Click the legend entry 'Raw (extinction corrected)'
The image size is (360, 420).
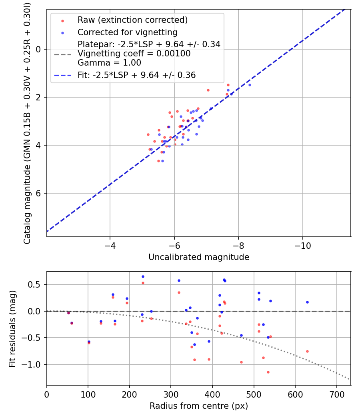132,20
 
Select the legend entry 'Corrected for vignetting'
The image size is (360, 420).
128,32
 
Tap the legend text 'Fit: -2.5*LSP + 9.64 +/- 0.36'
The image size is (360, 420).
136,75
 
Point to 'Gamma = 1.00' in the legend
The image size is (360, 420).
109,63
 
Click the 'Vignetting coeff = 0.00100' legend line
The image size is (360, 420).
134,54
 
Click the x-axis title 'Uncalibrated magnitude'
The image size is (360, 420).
199,257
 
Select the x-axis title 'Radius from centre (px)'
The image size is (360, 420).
199,406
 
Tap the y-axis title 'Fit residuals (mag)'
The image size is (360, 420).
12,328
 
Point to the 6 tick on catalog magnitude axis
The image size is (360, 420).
39,193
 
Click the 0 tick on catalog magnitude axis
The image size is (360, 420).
39,49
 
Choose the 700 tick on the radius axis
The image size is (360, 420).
336,394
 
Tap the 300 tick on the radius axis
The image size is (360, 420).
171,394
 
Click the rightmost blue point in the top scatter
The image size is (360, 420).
250,85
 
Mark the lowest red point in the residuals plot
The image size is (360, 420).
268,372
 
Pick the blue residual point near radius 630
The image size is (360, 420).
307,302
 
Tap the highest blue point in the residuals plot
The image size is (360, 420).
143,276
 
